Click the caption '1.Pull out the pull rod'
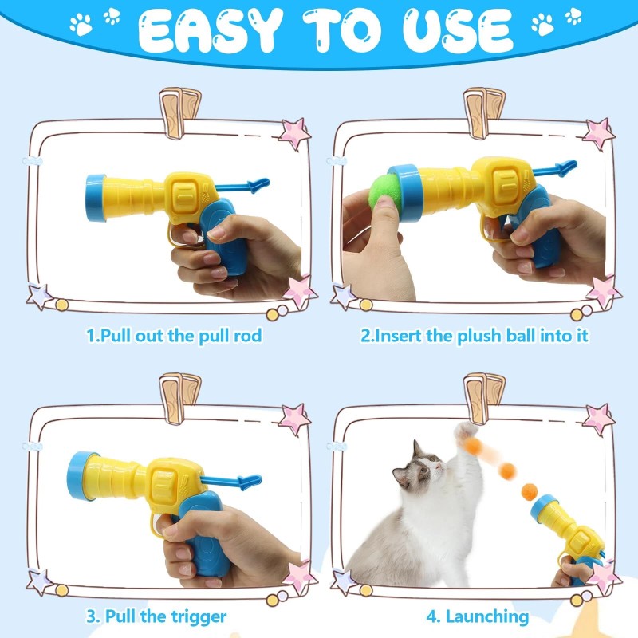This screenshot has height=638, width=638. (x=174, y=336)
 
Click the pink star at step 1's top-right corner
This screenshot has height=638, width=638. (x=294, y=132)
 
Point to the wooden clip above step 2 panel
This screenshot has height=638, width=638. (x=485, y=108)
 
